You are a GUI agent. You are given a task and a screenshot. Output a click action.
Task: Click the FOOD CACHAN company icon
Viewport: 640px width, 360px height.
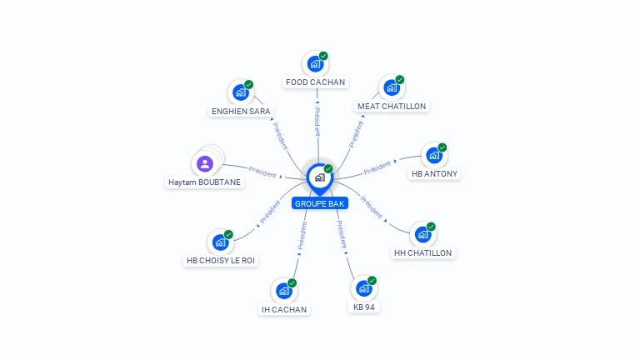[x=315, y=63]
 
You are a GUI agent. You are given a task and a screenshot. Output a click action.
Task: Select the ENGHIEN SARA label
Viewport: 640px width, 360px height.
[x=242, y=111]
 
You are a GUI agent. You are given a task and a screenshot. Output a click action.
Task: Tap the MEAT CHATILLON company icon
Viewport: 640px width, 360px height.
[x=391, y=87]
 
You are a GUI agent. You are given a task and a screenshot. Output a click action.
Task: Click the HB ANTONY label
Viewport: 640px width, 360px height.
[x=434, y=174]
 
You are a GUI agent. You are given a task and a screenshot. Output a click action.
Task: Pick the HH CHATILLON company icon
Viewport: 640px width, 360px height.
[x=422, y=234]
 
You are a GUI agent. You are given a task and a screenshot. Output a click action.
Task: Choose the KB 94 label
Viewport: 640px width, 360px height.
[x=364, y=307]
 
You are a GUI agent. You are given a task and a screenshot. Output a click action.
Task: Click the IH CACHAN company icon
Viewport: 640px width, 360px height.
[x=283, y=291]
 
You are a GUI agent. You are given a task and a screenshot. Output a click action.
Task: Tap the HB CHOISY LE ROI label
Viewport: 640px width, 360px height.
[x=221, y=260]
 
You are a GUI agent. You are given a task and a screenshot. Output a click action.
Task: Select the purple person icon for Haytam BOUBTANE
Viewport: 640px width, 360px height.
[x=205, y=163]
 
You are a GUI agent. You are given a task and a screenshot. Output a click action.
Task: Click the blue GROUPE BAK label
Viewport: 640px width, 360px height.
[x=319, y=203]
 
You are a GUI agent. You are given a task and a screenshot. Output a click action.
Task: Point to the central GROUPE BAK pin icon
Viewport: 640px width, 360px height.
[x=319, y=177]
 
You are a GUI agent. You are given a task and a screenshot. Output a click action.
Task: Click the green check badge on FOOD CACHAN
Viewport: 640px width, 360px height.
[x=323, y=56]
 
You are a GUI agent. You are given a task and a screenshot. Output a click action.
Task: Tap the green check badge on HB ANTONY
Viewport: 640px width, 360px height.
[x=442, y=147]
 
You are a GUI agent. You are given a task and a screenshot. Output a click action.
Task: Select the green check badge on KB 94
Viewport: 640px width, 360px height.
[x=372, y=281]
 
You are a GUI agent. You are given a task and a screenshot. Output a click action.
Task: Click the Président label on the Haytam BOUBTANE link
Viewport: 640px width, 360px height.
[x=262, y=172]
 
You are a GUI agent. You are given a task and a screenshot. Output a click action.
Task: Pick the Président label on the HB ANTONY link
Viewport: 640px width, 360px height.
[x=377, y=167]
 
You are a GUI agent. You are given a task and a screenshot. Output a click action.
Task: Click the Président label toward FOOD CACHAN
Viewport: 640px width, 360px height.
[x=317, y=120]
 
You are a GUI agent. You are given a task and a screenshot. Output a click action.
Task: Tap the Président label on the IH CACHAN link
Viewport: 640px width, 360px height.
[x=302, y=236]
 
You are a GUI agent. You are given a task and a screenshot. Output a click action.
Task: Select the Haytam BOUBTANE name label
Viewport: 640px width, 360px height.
[x=206, y=182]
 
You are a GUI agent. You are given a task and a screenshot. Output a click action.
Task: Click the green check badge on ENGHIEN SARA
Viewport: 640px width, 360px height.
[x=248, y=85]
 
